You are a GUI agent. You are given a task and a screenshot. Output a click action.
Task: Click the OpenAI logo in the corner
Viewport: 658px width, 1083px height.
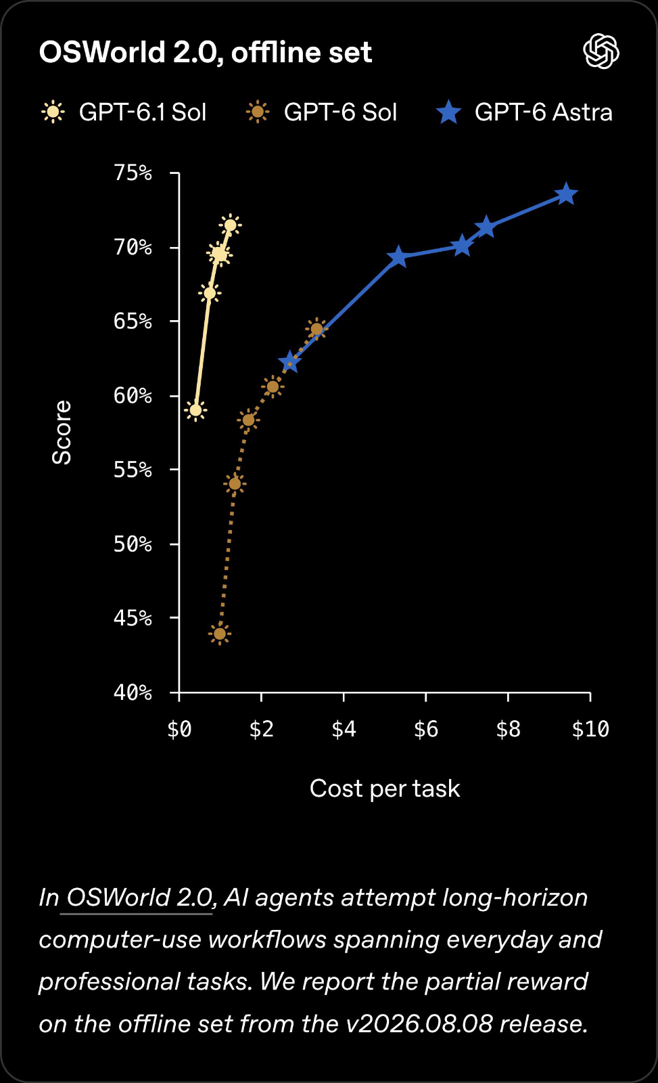[601, 51]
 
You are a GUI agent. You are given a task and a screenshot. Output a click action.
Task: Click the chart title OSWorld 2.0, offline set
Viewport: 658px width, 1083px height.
[206, 52]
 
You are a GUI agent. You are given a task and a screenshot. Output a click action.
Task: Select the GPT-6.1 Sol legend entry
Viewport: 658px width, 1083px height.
[124, 112]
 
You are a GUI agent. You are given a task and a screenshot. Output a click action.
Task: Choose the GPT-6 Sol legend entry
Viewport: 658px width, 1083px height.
[321, 112]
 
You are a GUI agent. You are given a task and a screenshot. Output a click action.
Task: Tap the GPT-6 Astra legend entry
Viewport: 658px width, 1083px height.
[524, 112]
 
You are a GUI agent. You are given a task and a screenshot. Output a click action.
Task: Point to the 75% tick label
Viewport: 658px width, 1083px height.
[133, 173]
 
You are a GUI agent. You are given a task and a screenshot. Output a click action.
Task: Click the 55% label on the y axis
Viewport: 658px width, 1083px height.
[133, 470]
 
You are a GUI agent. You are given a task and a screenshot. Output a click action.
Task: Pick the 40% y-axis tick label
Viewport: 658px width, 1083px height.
[133, 693]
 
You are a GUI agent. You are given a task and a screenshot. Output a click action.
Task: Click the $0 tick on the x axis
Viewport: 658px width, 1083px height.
[179, 728]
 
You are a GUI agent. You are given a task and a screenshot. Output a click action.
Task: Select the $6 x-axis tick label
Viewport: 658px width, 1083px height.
[425, 728]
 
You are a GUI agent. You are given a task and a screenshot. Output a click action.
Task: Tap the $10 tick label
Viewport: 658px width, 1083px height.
[590, 728]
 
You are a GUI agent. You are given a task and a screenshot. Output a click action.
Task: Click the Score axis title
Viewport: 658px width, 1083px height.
[62, 433]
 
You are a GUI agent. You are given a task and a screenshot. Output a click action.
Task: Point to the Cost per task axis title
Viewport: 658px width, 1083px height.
[385, 789]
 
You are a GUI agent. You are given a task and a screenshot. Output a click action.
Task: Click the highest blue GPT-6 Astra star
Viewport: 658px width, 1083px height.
[566, 194]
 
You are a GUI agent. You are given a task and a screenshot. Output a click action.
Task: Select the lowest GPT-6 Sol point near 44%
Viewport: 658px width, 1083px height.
[220, 634]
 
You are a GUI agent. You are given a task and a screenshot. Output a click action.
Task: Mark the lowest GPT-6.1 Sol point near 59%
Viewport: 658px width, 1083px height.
[195, 410]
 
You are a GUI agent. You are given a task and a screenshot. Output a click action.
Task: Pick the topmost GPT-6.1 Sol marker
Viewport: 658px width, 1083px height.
[231, 225]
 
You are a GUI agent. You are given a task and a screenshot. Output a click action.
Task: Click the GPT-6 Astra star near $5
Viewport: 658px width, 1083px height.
[398, 257]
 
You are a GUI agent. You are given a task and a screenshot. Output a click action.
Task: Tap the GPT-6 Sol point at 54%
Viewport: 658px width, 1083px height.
[235, 483]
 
